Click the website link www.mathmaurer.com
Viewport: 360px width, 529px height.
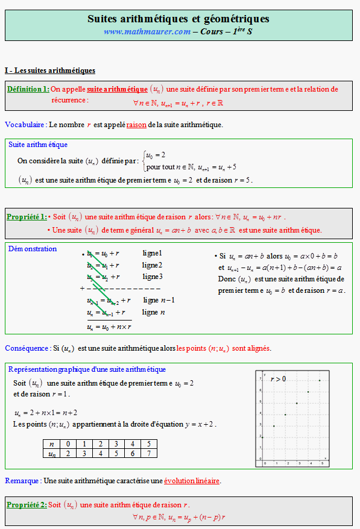[147, 31]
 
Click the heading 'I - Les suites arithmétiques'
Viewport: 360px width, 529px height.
[49, 70]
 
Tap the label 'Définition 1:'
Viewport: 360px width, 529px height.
[28, 89]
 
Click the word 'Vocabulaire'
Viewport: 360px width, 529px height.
[24, 125]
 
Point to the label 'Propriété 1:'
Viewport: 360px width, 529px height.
[26, 217]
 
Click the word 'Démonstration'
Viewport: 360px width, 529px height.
[33, 249]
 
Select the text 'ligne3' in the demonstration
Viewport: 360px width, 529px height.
[153, 277]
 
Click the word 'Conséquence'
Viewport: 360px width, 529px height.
[26, 348]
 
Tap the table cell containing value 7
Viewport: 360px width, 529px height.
[147, 454]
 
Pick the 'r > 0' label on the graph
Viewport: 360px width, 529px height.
[278, 378]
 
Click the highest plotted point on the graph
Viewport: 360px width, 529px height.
[320, 381]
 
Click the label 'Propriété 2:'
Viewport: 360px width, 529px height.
[26, 504]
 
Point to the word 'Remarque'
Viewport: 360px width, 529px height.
[21, 481]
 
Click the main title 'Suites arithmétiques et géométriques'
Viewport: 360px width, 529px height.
[178, 19]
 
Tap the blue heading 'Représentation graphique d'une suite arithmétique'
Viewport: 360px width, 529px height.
[87, 369]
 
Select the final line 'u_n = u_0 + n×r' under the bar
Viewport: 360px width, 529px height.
[109, 327]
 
